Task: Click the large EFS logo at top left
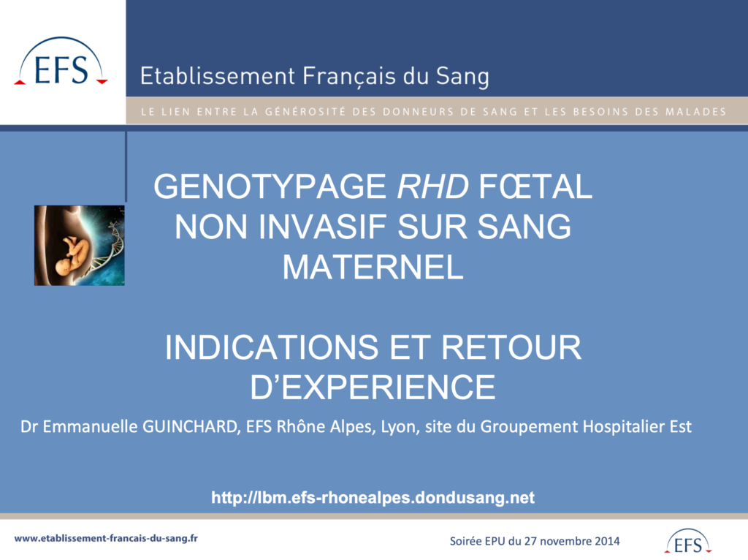pos(61,61)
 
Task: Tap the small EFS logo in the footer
pos(688,542)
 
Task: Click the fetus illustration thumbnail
pos(79,246)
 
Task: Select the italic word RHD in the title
pos(432,186)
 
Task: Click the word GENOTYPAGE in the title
pos(270,186)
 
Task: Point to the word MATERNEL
pos(373,267)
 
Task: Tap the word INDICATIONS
pos(272,347)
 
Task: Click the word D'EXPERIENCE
pos(373,387)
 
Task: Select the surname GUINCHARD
pos(191,426)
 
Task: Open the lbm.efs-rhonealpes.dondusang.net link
pos(373,498)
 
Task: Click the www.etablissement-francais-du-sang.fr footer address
pos(106,539)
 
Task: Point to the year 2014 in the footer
pos(606,541)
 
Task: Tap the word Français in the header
pos(349,77)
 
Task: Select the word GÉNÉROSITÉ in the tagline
pos(305,112)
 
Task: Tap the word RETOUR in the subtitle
pos(511,347)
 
